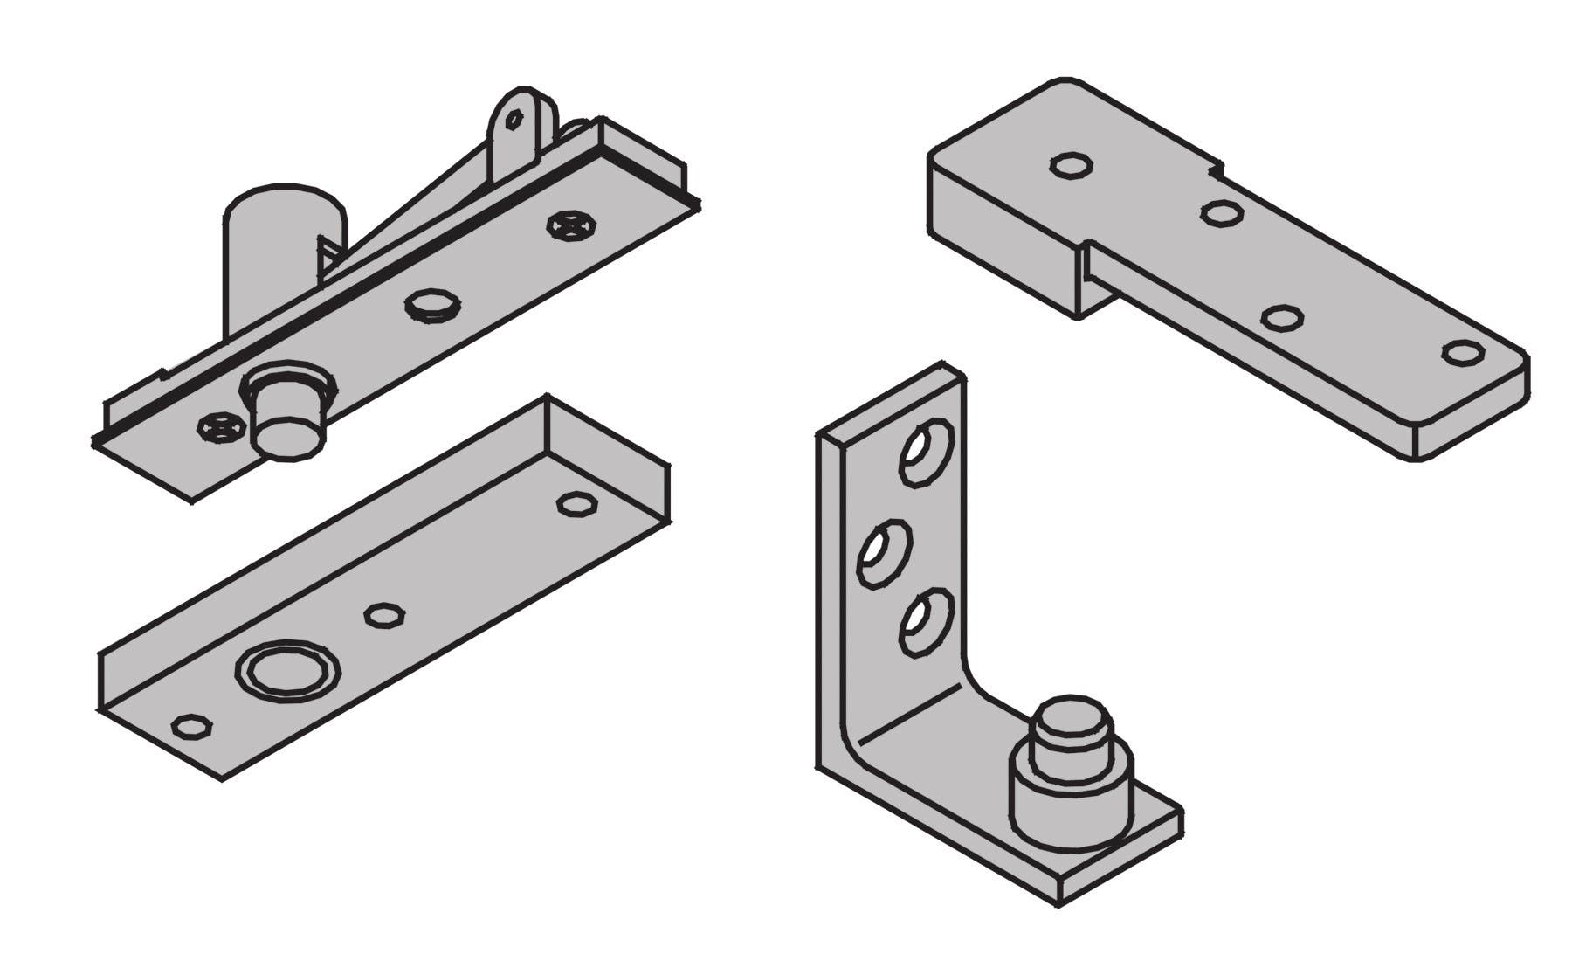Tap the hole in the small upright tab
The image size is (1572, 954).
pos(515,119)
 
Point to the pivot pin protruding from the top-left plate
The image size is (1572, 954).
pos(289,424)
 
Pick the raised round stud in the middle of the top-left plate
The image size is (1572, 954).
pos(433,305)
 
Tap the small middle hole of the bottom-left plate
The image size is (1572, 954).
pos(383,614)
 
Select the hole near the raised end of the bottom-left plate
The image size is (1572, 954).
pos(577,504)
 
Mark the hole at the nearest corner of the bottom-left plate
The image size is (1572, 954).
pos(191,726)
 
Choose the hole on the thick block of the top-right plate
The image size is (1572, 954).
pos(1072,165)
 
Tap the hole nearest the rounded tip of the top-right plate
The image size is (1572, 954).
pos(1462,353)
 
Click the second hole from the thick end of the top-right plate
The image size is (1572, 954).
pos(1222,212)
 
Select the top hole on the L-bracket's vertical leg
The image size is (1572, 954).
pos(927,452)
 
